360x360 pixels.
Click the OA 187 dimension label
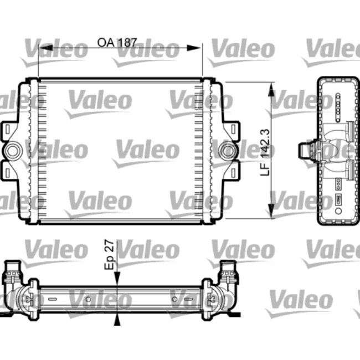pyautogui.click(x=117, y=43)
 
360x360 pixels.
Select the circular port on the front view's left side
pyautogui.click(x=12, y=150)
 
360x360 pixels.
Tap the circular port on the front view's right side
pyautogui.click(x=227, y=150)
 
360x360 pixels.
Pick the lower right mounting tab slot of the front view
pyautogui.click(x=234, y=171)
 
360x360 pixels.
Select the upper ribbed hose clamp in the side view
pyautogui.click(x=349, y=132)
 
